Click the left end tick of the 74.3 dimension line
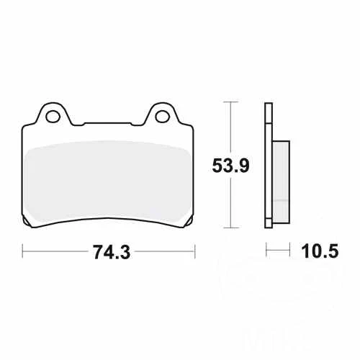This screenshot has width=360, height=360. (x=23, y=252)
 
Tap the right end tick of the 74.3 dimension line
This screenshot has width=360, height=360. (x=195, y=252)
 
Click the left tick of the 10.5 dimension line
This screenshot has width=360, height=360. (x=267, y=252)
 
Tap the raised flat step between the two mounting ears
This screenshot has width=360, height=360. (x=107, y=122)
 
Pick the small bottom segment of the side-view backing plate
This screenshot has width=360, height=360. (x=269, y=222)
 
